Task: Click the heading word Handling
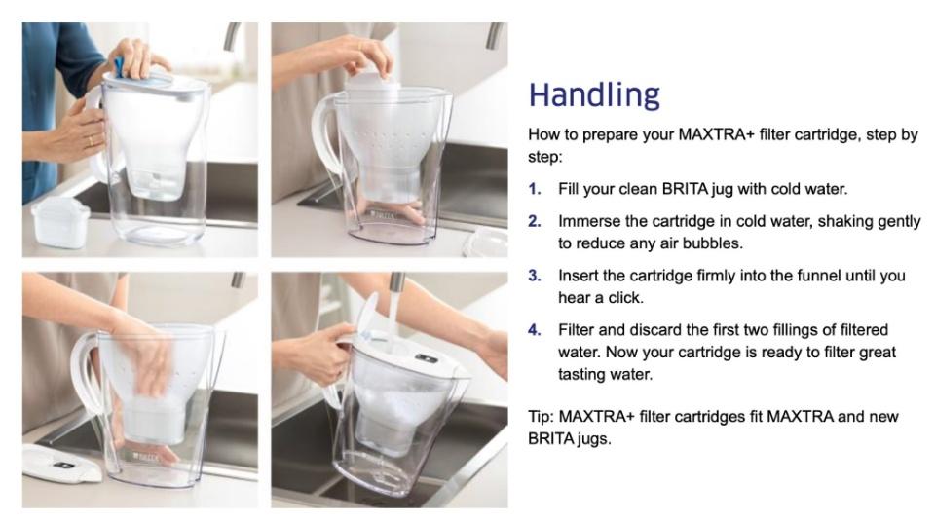pos(594,94)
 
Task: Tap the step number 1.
pos(535,189)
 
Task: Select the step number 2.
pos(535,221)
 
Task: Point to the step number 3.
pos(535,276)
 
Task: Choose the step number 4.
pos(535,330)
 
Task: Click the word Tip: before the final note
pos(541,416)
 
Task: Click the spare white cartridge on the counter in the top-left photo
pos(59,222)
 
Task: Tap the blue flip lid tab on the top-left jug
pos(119,67)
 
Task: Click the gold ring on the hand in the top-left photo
pos(91,141)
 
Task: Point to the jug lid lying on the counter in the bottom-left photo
pos(62,463)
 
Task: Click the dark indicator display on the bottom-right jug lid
pos(426,357)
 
